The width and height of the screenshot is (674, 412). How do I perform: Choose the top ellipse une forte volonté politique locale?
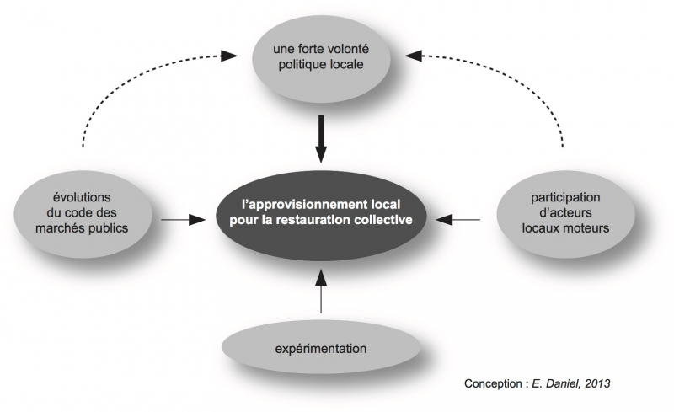pos(321,57)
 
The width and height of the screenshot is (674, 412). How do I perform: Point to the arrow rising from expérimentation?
pos(321,292)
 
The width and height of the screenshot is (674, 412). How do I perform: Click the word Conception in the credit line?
pos(493,383)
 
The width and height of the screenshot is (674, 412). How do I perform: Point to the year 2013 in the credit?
pos(594,383)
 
